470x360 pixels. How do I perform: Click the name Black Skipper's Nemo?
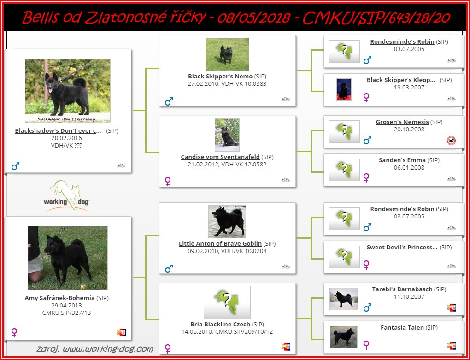point(220,76)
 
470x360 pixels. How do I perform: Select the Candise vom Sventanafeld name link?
point(220,157)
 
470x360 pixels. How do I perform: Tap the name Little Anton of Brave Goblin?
point(220,243)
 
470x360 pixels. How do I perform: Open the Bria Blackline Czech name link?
point(220,324)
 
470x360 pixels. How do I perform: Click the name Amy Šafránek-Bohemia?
point(59,298)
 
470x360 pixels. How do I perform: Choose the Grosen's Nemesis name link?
point(402,122)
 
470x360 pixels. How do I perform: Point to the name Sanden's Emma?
point(402,160)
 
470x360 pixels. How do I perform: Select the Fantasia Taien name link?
point(402,328)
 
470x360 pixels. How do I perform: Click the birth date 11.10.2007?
point(409,297)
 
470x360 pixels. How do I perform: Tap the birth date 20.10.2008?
point(409,130)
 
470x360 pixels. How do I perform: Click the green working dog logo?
point(66,196)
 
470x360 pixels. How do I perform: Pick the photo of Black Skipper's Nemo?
point(227,54)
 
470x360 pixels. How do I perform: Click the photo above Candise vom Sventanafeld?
point(227,135)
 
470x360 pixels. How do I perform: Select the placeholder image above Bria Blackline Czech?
point(227,302)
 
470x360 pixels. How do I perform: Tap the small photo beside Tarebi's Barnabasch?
point(344,299)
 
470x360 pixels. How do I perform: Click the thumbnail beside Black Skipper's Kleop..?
point(344,89)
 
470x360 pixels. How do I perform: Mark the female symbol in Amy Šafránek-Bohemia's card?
point(14,332)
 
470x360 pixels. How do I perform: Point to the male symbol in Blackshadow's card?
point(15,166)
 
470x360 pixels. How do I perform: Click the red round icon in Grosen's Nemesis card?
point(452,140)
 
